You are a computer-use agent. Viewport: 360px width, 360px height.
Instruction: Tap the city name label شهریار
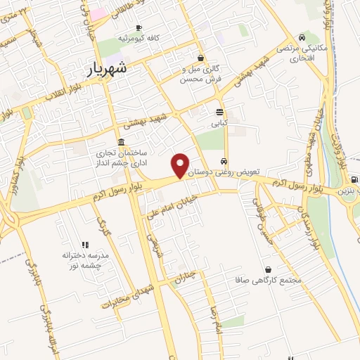[x=108, y=69]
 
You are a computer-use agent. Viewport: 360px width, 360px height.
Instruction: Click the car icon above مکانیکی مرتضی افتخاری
[x=302, y=37]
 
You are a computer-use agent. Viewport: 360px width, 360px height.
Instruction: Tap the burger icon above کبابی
[x=220, y=112]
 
